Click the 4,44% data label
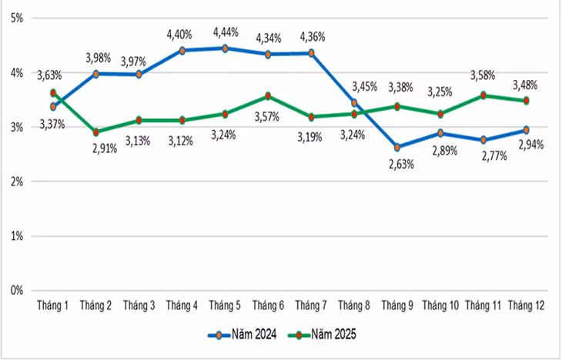(x=226, y=32)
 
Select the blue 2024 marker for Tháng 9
(x=397, y=147)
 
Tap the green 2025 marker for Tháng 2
(x=96, y=132)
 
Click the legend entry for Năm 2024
(x=243, y=335)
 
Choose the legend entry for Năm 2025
(x=323, y=335)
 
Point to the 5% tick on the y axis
(x=17, y=18)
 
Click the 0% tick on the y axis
(x=17, y=291)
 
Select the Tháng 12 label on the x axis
(x=526, y=305)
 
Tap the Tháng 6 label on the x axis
(x=268, y=305)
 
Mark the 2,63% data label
(x=401, y=165)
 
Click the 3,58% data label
(x=483, y=75)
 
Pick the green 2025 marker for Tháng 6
(x=268, y=96)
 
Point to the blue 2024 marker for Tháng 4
(x=182, y=51)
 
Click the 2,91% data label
(x=105, y=148)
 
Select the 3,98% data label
(x=99, y=58)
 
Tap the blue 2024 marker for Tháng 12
(x=526, y=130)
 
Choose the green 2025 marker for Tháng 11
(x=483, y=95)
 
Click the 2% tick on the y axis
(x=17, y=182)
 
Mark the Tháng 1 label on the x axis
(x=52, y=305)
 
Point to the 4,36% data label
(x=313, y=37)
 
